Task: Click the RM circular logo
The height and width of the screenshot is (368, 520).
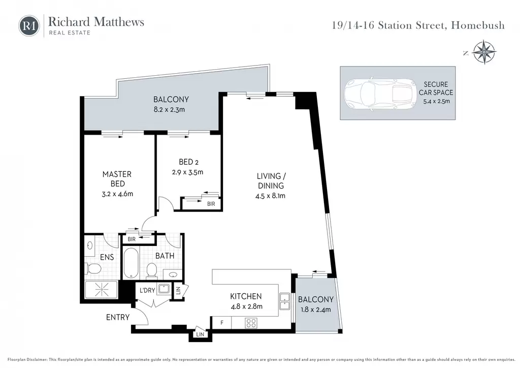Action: click(29, 26)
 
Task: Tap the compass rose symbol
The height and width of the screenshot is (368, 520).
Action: click(484, 52)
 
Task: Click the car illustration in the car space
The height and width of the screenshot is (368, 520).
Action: click(380, 94)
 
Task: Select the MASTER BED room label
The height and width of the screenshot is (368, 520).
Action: click(117, 179)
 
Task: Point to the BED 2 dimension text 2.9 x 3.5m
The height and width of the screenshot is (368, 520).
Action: click(188, 172)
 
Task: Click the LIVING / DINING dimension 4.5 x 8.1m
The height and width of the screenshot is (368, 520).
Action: click(270, 196)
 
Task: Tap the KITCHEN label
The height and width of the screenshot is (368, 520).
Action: click(246, 296)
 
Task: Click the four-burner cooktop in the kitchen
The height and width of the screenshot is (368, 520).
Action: click(251, 323)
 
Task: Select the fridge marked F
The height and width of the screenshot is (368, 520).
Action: click(221, 322)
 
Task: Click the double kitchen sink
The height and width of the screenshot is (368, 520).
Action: click(284, 301)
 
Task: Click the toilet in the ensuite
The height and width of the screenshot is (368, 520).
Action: click(92, 268)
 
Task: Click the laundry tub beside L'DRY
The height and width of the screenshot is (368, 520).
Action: click(164, 289)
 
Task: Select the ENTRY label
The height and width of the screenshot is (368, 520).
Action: click(118, 318)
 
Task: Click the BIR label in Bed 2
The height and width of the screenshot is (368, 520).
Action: click(211, 204)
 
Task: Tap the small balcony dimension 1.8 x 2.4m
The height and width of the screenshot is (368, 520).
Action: click(316, 310)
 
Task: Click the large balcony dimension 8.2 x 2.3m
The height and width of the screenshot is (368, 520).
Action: click(169, 109)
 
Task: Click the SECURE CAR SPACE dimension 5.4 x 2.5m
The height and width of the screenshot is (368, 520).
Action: click(436, 101)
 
